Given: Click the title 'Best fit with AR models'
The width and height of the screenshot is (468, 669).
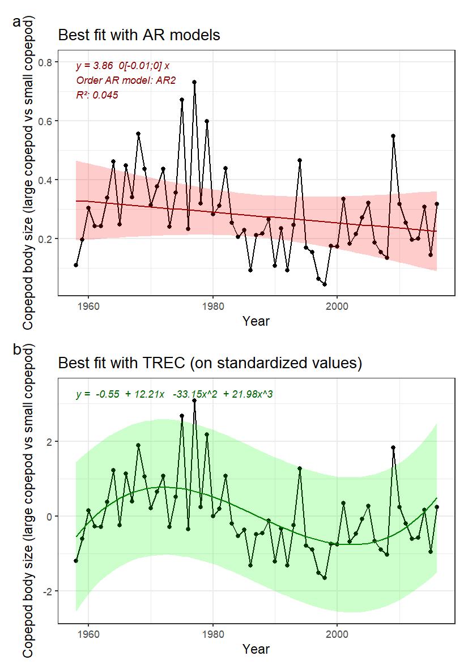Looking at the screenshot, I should [x=139, y=35].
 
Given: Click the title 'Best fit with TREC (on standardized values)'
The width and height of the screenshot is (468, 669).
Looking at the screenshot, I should [x=210, y=363].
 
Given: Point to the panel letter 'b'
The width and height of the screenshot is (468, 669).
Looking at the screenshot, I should [x=16, y=350].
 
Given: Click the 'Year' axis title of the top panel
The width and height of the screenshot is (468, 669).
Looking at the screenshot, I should [x=256, y=321].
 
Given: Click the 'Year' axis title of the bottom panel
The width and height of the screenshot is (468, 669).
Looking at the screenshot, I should [x=256, y=649].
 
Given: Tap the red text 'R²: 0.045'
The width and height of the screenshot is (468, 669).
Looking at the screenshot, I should [x=97, y=95].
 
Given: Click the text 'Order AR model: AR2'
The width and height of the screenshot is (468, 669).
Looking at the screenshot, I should [x=126, y=80].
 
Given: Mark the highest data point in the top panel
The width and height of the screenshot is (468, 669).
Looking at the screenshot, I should [x=194, y=82].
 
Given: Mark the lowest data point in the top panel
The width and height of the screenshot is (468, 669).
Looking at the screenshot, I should [x=325, y=284].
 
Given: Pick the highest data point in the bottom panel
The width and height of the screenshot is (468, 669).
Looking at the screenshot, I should [x=194, y=400].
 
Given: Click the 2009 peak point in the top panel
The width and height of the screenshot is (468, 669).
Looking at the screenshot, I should [x=393, y=136].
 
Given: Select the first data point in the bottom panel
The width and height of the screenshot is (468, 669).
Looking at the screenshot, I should [x=76, y=561].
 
